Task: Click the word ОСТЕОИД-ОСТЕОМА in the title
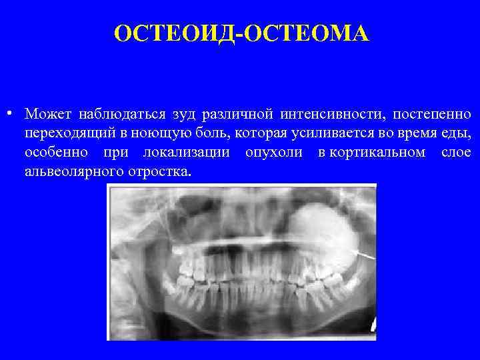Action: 241,32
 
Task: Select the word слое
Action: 456,153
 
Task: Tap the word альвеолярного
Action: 73,173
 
